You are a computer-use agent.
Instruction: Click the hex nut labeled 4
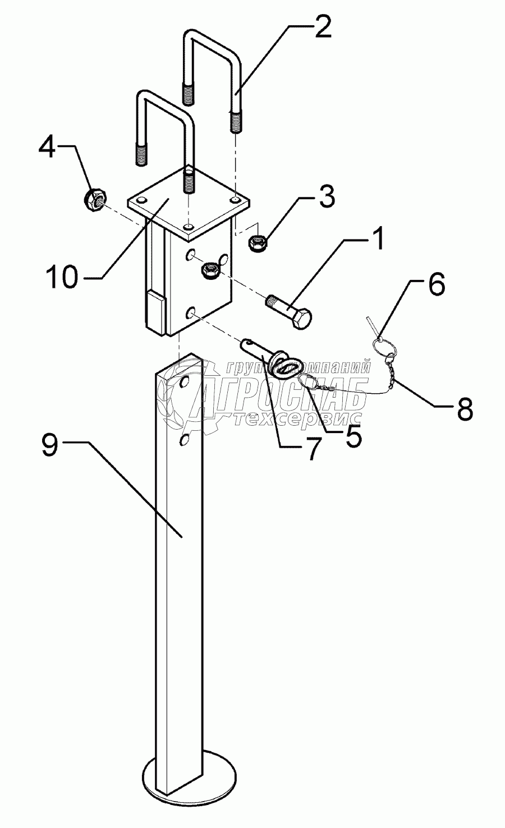(96, 200)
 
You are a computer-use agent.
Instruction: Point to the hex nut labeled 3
(258, 243)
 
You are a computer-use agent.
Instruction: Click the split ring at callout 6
(385, 349)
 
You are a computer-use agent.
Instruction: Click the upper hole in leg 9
(183, 384)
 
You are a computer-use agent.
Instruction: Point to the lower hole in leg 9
(183, 441)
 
